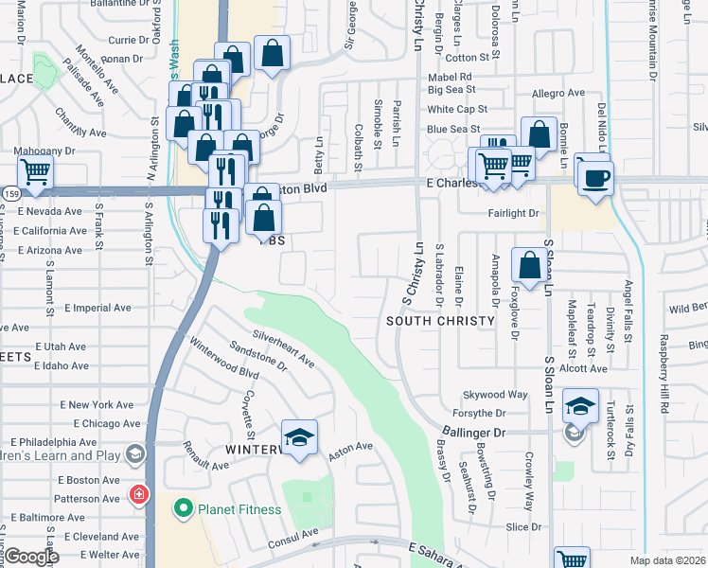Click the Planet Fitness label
239,509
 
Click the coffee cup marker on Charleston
595,178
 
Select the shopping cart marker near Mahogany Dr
35,173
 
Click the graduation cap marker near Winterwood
300,437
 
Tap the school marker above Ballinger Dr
580,406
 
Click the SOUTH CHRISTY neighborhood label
441,321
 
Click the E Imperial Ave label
97,308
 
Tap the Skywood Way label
494,394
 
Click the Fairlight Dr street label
513,214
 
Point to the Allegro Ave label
558,93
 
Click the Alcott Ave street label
582,369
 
